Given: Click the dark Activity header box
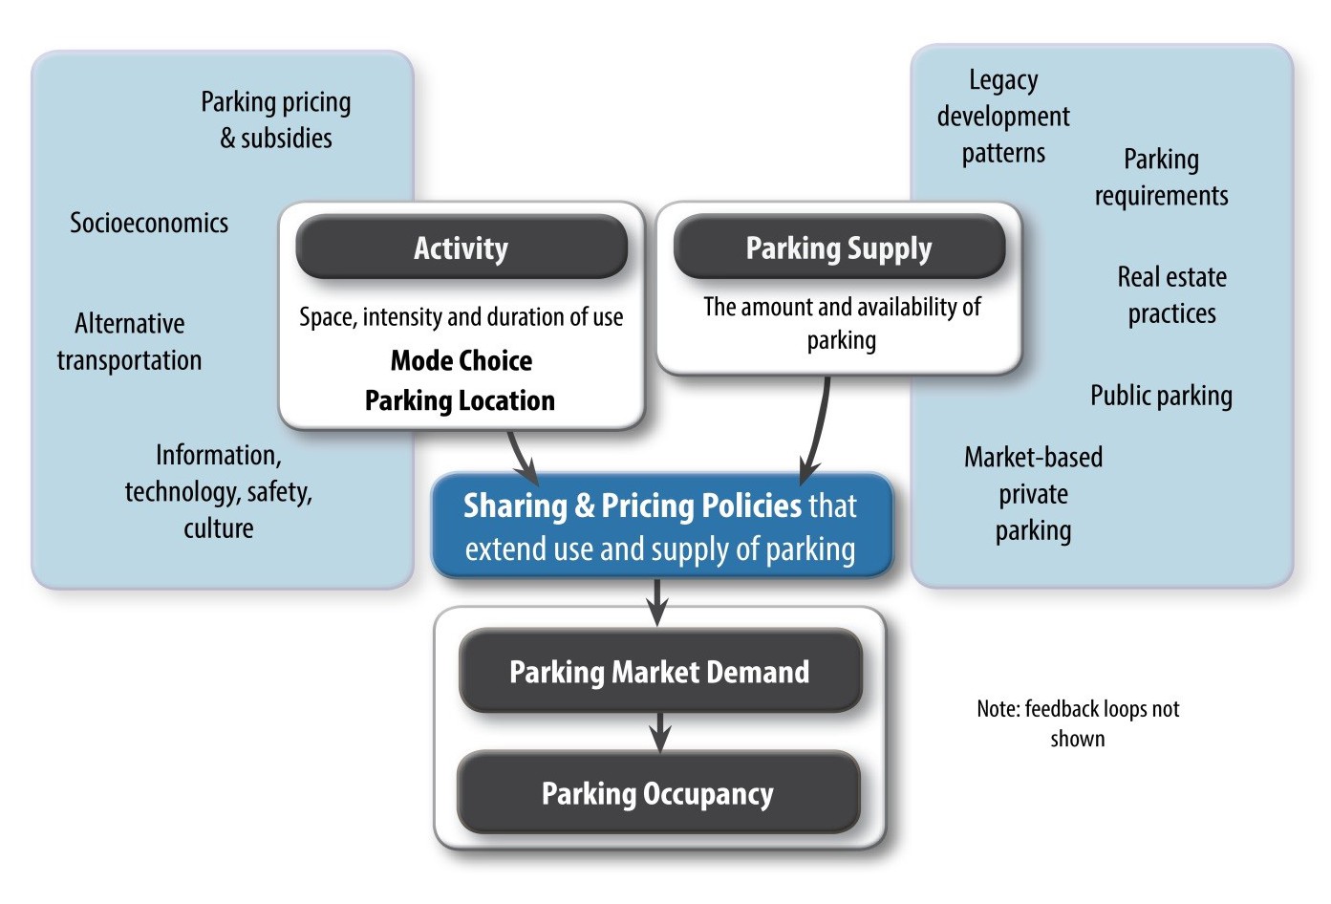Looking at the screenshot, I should click(462, 248).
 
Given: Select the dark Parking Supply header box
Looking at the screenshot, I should click(839, 248).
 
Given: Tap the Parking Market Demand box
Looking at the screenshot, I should click(659, 672).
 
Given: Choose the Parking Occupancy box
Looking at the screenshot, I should click(657, 793).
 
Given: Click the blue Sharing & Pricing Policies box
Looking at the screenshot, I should click(660, 527).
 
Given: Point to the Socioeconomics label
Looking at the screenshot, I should click(149, 223).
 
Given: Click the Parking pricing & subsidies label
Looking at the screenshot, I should click(276, 119).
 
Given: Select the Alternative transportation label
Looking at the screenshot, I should click(129, 341).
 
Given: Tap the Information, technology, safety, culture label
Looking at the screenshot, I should click(219, 491).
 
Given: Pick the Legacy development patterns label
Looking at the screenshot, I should click(1003, 117).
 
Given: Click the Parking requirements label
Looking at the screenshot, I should click(1161, 177).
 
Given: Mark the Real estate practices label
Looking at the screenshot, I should click(1171, 295).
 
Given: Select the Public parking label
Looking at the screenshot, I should click(1161, 396).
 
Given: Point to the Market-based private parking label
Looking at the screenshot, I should click(1033, 494).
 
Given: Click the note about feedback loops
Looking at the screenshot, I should click(1078, 723).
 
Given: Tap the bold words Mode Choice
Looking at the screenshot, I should click(462, 360).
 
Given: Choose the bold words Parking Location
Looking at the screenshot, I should click(460, 400).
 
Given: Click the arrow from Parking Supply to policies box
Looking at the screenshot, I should click(818, 430).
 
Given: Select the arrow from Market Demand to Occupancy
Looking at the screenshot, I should click(659, 732).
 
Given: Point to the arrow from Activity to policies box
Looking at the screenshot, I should click(522, 457).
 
